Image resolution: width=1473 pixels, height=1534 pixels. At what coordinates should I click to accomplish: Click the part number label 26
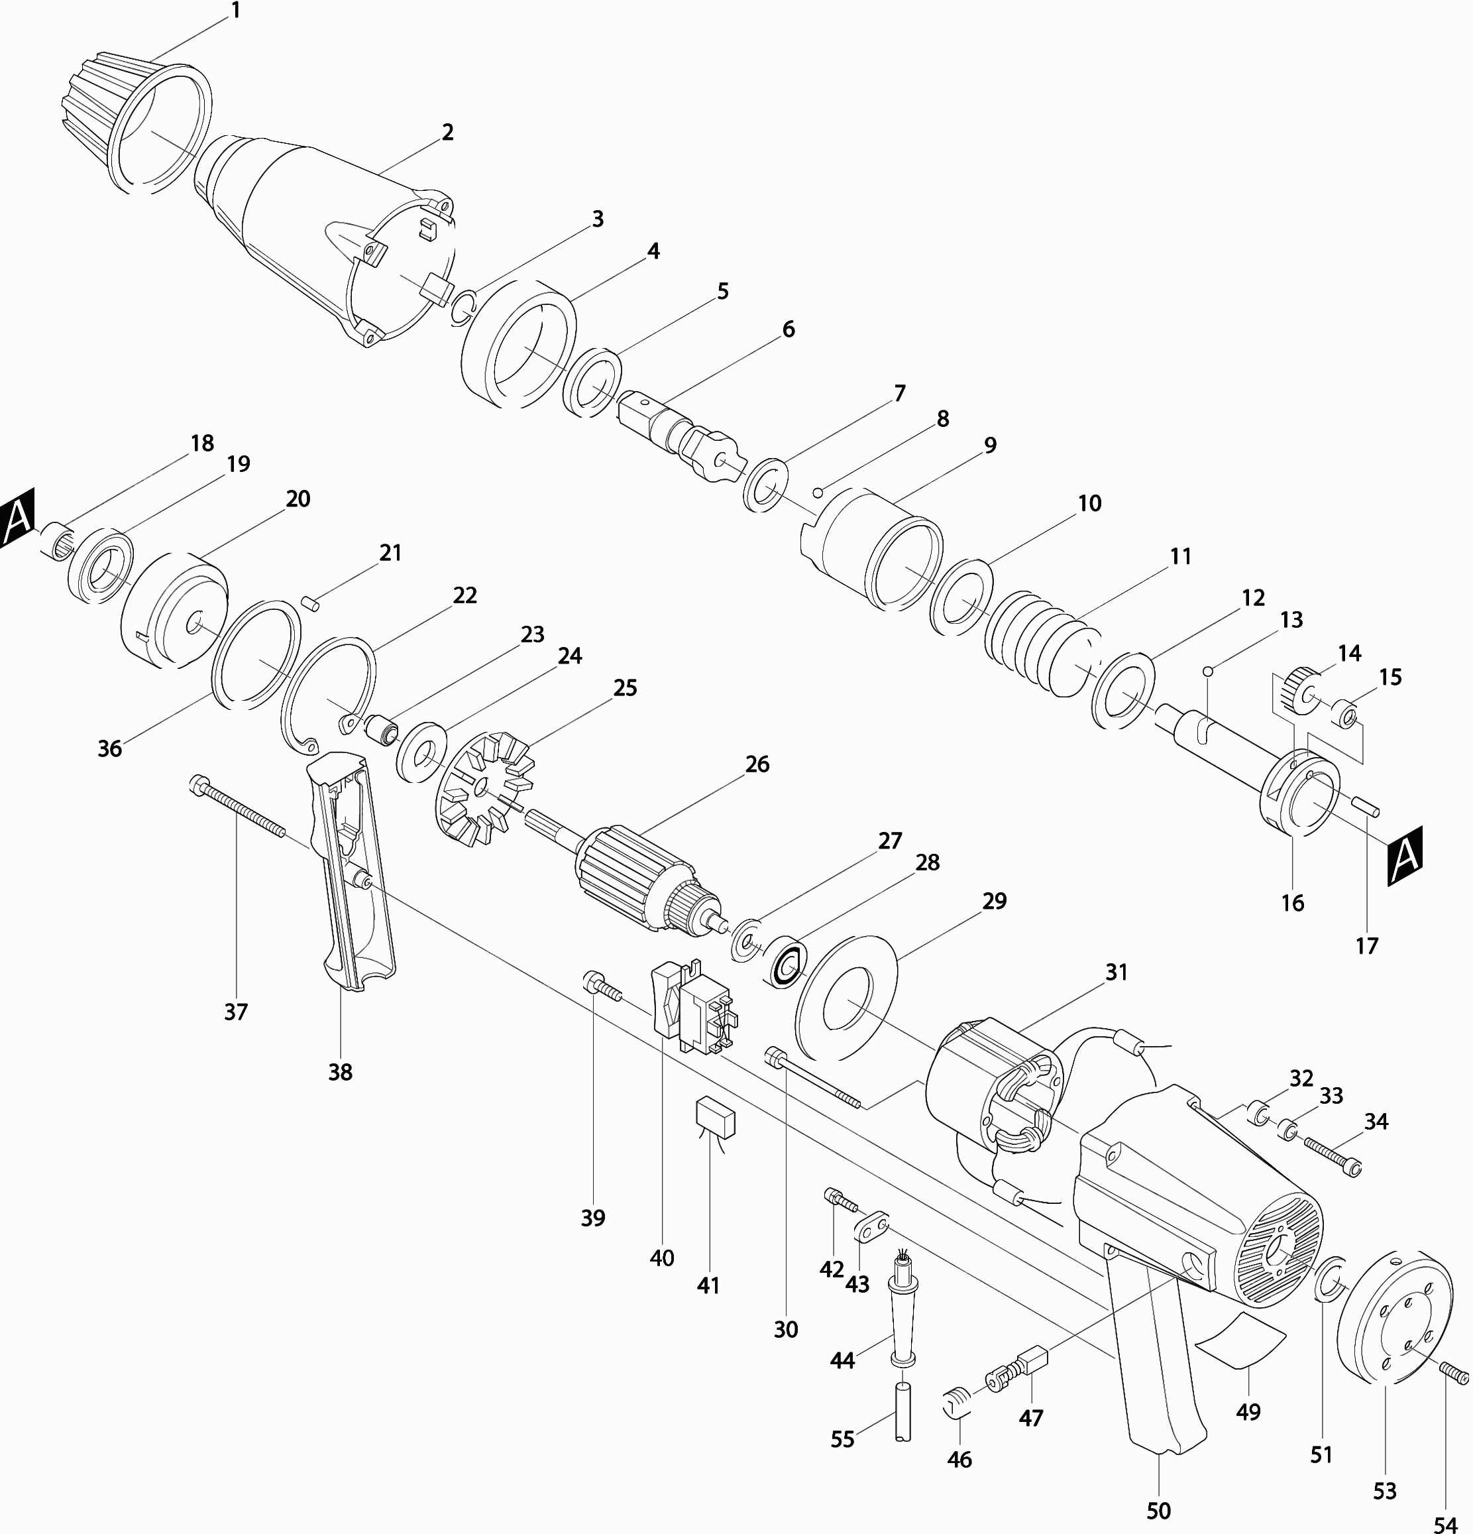(757, 764)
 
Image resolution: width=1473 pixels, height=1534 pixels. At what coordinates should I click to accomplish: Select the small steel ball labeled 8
(818, 493)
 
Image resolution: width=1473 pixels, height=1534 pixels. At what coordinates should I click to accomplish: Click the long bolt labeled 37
(237, 806)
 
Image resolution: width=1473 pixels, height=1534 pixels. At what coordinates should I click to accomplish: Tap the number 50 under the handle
(1158, 1509)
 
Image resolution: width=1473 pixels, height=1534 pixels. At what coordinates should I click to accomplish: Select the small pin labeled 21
(307, 603)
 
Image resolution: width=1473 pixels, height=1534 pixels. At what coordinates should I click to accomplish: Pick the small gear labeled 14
(1301, 689)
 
